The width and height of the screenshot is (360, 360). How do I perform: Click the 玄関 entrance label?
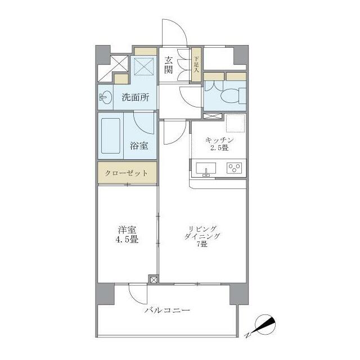(x=168, y=65)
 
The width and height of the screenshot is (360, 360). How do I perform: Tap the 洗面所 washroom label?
(x=136, y=97)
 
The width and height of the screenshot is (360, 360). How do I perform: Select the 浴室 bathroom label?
(x=139, y=146)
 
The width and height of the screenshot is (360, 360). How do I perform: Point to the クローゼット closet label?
(x=126, y=173)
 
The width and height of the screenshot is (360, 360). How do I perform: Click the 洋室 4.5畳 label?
(x=127, y=235)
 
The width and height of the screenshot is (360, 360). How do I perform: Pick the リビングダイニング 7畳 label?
(x=202, y=236)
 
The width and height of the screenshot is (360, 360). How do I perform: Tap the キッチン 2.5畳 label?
(x=219, y=144)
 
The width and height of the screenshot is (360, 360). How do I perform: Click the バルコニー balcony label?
(x=168, y=310)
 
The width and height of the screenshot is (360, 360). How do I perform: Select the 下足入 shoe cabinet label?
(x=196, y=65)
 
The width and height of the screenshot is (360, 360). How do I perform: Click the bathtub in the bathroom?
(x=111, y=136)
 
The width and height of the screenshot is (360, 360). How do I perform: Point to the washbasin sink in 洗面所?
(x=106, y=97)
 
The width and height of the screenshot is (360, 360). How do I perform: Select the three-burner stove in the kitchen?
(x=234, y=168)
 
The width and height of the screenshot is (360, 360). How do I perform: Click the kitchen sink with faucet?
(x=206, y=169)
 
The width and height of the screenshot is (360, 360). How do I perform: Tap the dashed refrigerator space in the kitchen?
(x=236, y=123)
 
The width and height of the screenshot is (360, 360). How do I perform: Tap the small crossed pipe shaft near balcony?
(x=154, y=280)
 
